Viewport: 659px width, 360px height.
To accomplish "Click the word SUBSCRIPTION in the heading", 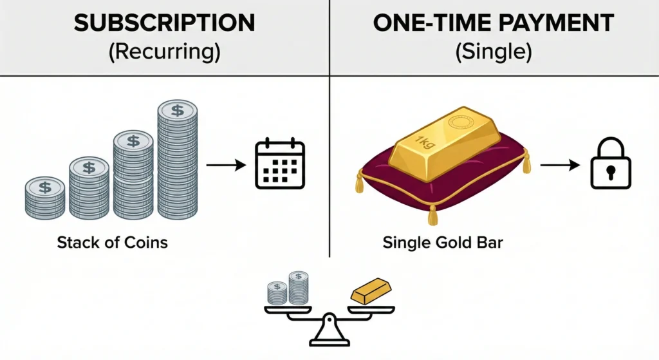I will point(164,24).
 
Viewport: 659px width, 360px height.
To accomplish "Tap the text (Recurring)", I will point(164,52).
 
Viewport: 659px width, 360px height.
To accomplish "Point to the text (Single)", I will point(494,52).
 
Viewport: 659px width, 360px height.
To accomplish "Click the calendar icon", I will point(280,164).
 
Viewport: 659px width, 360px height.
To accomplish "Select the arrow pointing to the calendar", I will point(226,165).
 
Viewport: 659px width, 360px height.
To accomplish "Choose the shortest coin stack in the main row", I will point(45,198).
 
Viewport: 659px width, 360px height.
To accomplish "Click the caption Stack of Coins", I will point(112,243).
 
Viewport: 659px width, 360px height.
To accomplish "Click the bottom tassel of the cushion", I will point(432,216).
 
